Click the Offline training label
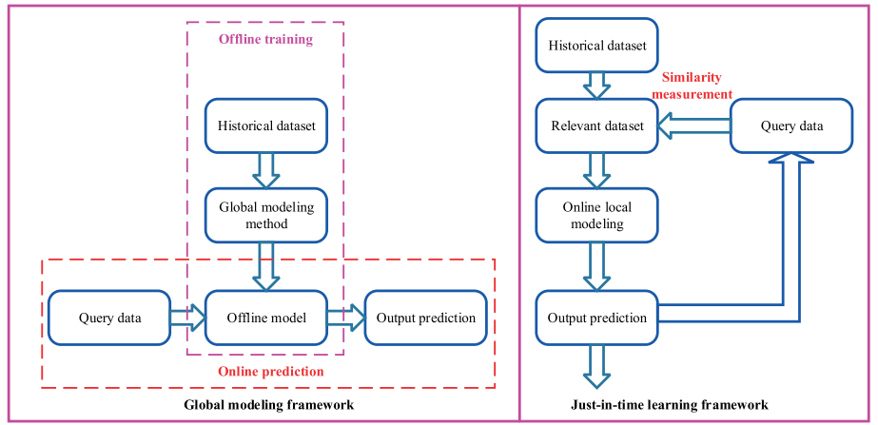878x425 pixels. point(265,39)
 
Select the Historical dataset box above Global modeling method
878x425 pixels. point(267,126)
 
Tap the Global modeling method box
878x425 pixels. point(267,215)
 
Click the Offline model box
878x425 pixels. point(267,318)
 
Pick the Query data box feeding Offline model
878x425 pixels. point(109,318)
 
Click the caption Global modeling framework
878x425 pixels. point(268,405)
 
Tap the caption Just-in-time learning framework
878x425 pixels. point(696,405)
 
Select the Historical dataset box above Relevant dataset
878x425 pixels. point(596,45)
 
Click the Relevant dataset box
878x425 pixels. point(596,126)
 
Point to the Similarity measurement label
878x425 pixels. point(696,87)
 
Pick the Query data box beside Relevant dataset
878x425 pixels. point(791,126)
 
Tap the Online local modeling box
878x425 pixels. point(596,215)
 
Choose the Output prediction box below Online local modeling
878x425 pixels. point(596,318)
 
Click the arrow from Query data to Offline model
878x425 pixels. point(187,318)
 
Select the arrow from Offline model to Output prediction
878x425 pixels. point(346,318)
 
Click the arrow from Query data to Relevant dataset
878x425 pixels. point(694,126)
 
